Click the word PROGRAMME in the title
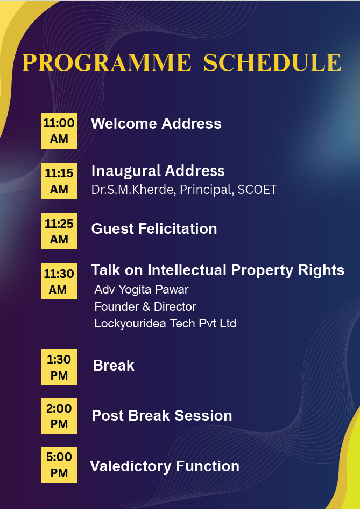click(107, 62)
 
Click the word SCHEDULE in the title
click(272, 62)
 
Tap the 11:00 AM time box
click(59, 130)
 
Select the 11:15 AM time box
click(59, 180)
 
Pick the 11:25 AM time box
click(59, 231)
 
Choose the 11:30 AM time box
click(59, 282)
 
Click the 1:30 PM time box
click(59, 367)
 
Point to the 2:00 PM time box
click(59, 416)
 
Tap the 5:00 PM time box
click(59, 464)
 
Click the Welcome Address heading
click(157, 124)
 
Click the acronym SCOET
click(257, 190)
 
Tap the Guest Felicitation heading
click(154, 228)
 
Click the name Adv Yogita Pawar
click(142, 290)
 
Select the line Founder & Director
click(145, 307)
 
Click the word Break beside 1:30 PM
click(114, 366)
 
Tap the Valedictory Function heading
click(165, 466)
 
